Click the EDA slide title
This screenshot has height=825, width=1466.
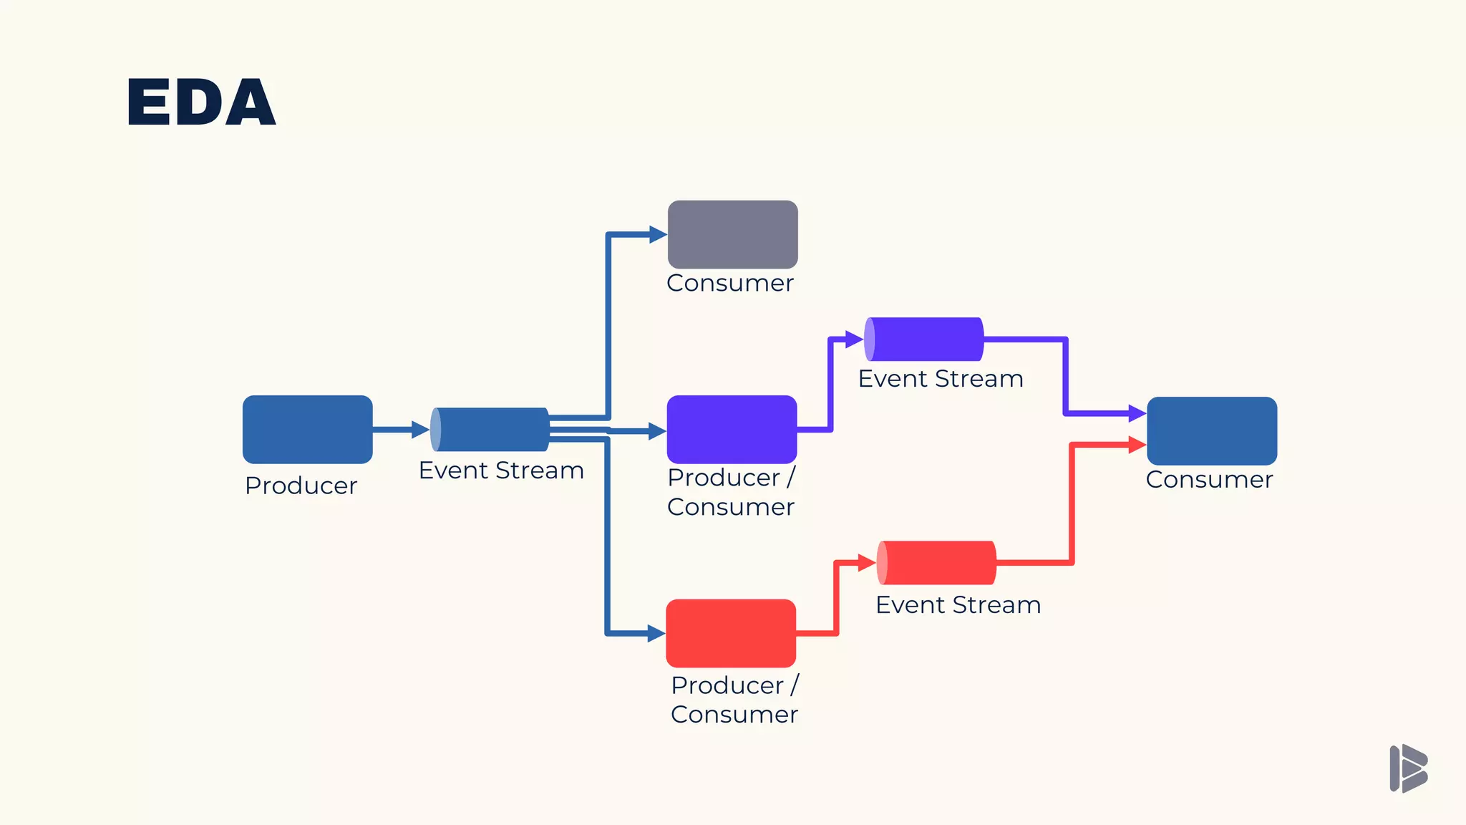(201, 102)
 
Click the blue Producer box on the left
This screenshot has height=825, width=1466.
(307, 430)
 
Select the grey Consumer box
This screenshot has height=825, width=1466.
(732, 234)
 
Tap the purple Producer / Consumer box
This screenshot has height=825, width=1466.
(732, 430)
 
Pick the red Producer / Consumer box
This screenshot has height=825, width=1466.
(731, 633)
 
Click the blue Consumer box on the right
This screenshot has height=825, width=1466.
(1212, 431)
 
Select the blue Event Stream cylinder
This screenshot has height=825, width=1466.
(491, 430)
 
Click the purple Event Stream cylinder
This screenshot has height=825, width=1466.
(924, 339)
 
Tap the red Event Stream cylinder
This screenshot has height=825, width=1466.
(936, 563)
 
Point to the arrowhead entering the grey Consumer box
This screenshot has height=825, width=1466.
(658, 234)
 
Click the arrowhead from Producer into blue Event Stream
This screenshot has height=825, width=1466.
(421, 430)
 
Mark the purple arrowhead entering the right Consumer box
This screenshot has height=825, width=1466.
(1137, 413)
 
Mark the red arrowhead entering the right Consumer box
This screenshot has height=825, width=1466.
(1137, 445)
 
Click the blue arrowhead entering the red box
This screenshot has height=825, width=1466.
(656, 633)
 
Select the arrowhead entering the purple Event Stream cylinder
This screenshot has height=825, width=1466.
(854, 339)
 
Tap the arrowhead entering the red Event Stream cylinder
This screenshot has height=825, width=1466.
(867, 563)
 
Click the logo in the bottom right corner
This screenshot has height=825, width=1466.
(1408, 768)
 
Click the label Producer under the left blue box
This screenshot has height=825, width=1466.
(301, 486)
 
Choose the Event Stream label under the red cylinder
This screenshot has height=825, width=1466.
(958, 605)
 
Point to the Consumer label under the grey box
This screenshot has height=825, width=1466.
(729, 283)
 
